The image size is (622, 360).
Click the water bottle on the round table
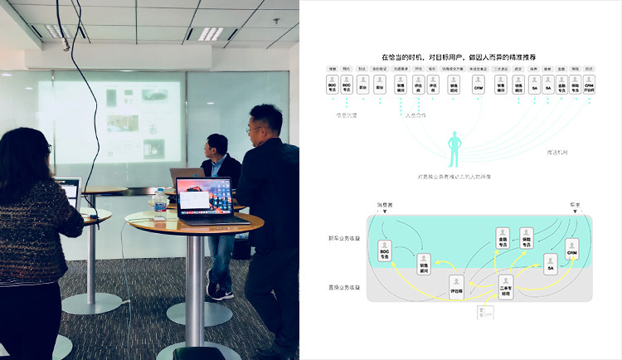pos(160,202)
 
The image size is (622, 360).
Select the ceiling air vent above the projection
pos(211,33)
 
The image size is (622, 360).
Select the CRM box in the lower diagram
pos(571,247)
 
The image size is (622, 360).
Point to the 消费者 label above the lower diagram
pos(384,204)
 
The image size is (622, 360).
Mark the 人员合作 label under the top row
pos(415,115)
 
